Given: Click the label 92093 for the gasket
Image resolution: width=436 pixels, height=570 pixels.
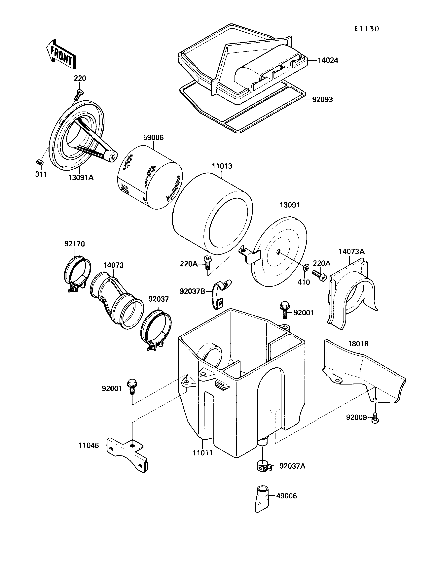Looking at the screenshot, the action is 322,100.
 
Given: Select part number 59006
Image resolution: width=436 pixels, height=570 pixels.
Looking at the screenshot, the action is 153,138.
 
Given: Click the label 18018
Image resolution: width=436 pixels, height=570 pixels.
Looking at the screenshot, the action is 358,344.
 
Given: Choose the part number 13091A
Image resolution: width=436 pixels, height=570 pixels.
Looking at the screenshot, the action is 81,178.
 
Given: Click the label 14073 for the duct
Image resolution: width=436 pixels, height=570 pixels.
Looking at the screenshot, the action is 113,265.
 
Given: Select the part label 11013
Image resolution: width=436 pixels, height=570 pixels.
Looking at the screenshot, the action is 222,166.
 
